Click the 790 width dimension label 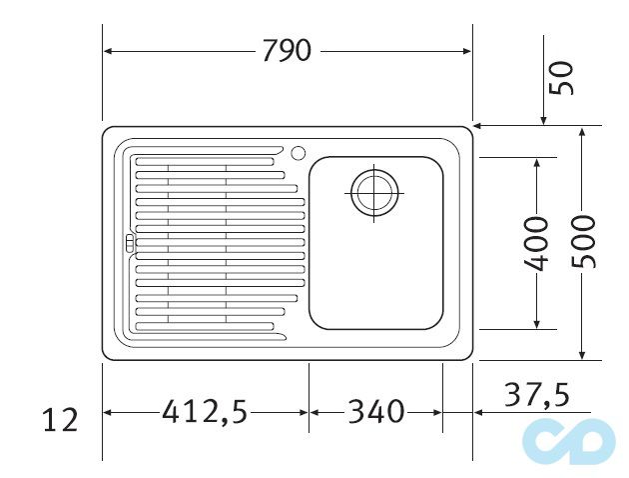pos(287,51)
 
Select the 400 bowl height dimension pos(537,243)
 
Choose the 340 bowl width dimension pos(375,410)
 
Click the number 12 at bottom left pos(61,420)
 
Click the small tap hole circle pos(297,153)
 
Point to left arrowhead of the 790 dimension pos(109,51)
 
